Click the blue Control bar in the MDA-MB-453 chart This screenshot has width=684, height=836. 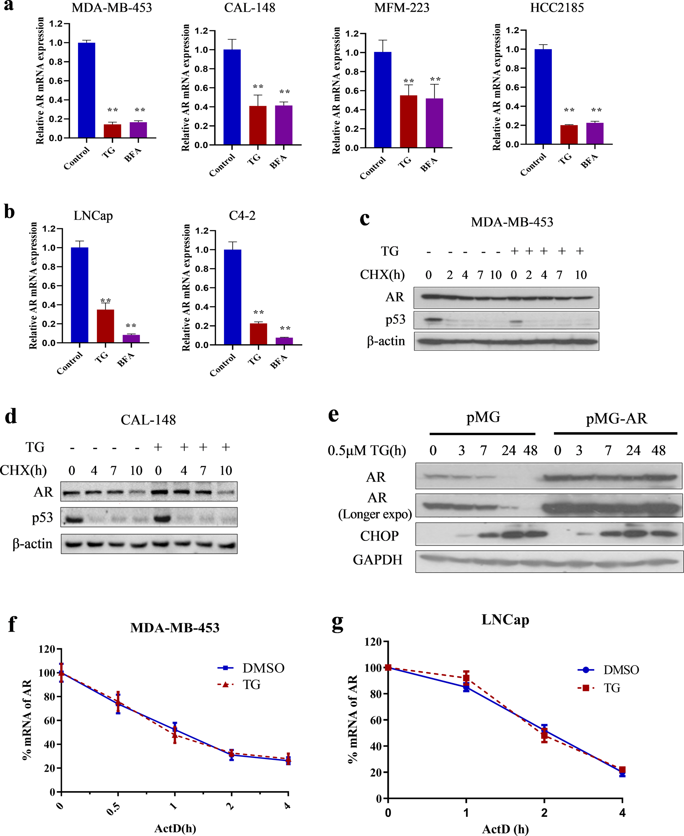pyautogui.click(x=86, y=90)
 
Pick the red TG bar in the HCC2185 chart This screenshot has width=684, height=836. pyautogui.click(x=569, y=135)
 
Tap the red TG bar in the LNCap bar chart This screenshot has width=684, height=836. pyautogui.click(x=105, y=326)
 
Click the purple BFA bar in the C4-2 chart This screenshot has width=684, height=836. pyautogui.click(x=284, y=341)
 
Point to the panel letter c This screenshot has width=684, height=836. pyautogui.click(x=365, y=219)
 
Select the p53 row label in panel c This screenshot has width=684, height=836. pyautogui.click(x=395, y=319)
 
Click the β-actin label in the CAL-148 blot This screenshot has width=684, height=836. pyautogui.click(x=32, y=544)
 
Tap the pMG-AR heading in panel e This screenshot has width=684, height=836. pyautogui.click(x=616, y=418)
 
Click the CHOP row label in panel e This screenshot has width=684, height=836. pyautogui.click(x=379, y=536)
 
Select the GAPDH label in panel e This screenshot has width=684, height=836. pyautogui.click(x=377, y=560)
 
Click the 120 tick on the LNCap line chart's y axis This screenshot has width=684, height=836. pyautogui.click(x=373, y=642)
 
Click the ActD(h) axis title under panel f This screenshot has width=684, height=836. pyautogui.click(x=175, y=829)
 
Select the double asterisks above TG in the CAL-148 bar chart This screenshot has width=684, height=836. pyautogui.click(x=258, y=87)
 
